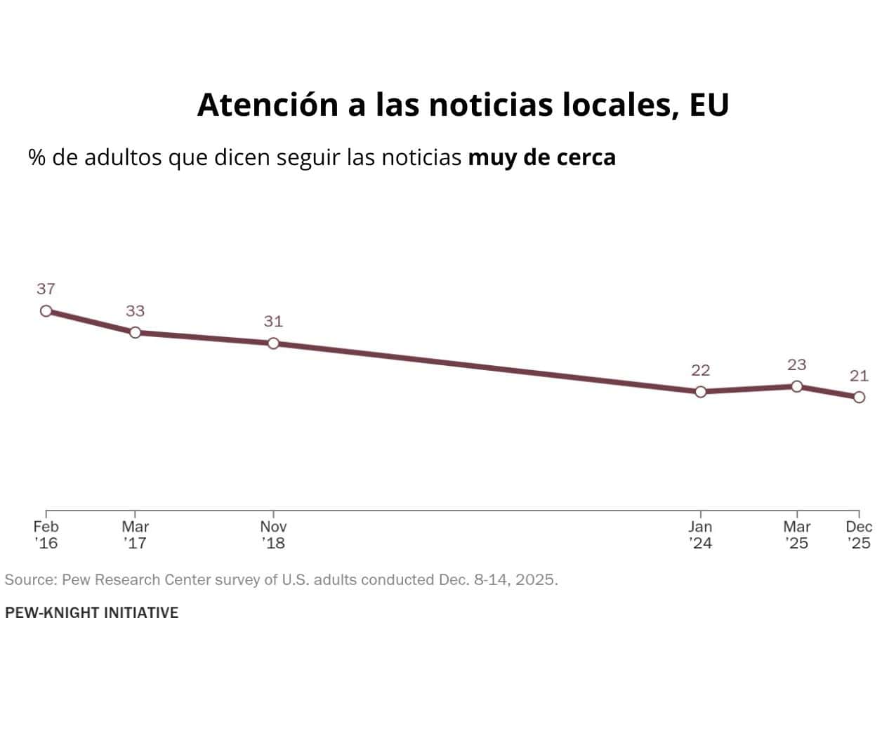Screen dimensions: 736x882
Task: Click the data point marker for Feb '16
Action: coord(46,310)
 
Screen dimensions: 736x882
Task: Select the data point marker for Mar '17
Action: coord(136,332)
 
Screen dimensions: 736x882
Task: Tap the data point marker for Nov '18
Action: coord(273,343)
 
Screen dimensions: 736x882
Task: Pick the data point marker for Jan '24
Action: coord(700,392)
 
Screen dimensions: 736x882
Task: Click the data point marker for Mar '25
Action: coord(796,386)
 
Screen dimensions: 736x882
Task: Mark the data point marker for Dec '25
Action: coord(859,397)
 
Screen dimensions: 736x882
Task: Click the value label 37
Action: coord(46,289)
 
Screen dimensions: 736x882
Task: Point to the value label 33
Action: coord(136,311)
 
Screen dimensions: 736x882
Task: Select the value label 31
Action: coord(273,322)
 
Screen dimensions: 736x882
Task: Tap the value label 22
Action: coord(700,370)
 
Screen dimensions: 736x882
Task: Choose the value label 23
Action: coord(796,364)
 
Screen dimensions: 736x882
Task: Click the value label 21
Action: coord(859,376)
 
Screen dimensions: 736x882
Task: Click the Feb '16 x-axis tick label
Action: coord(46,534)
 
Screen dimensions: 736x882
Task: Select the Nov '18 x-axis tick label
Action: coord(273,534)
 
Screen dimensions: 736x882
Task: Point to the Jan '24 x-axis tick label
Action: coord(700,534)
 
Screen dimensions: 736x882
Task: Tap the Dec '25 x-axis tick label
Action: coord(859,534)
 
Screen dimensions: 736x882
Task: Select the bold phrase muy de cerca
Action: coord(541,157)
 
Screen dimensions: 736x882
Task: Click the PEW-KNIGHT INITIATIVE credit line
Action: coord(92,612)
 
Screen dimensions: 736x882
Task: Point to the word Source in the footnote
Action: coord(30,580)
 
